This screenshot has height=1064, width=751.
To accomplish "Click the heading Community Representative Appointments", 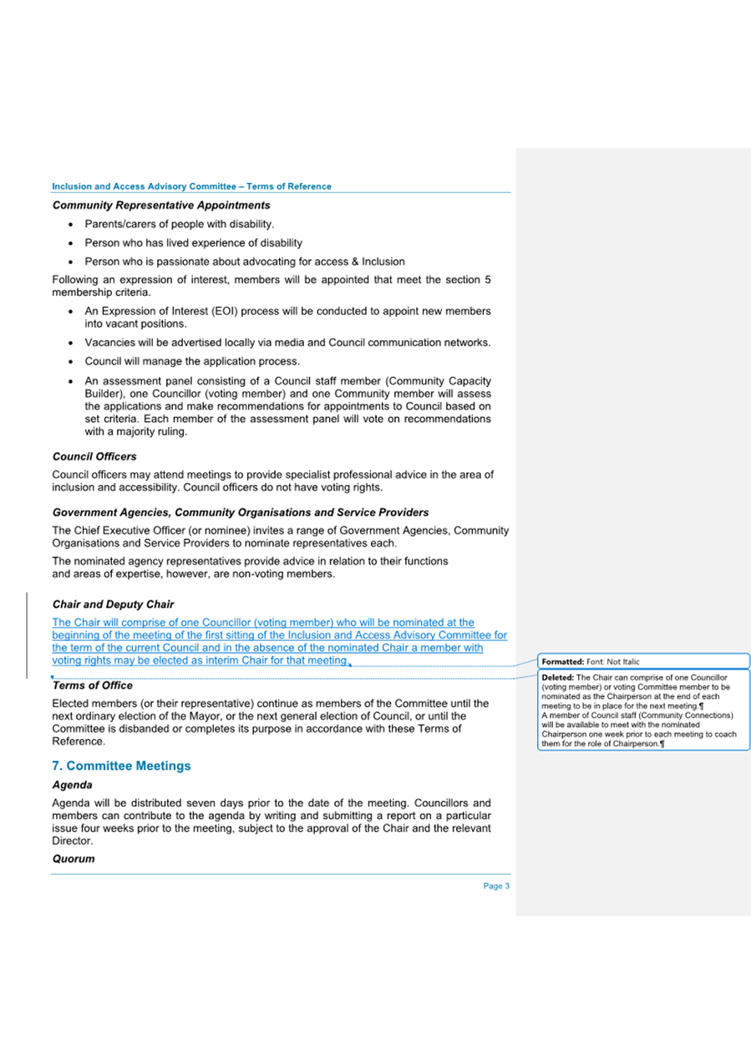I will pos(160,205).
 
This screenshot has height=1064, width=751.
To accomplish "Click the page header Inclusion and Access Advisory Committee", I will pos(191,186).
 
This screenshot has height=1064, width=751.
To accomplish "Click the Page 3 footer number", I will pos(495,887).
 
